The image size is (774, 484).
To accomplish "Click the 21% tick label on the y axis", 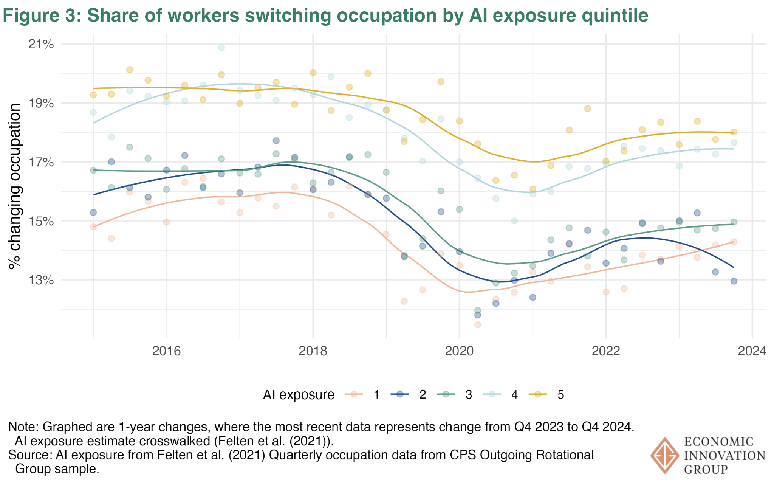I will pyautogui.click(x=41, y=45).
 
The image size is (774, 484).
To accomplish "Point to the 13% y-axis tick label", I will pyautogui.click(x=41, y=280).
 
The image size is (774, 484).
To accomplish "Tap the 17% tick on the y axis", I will pyautogui.click(x=41, y=163).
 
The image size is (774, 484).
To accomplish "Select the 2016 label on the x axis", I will pyautogui.click(x=166, y=351).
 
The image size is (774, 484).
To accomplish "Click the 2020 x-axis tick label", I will pyautogui.click(x=459, y=351).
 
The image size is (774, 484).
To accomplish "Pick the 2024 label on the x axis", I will pyautogui.click(x=752, y=351).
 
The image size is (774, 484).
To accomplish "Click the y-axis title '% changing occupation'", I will pyautogui.click(x=15, y=186).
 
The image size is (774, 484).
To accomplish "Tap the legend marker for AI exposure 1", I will pyautogui.click(x=354, y=395).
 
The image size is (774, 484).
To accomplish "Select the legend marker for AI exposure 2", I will pyautogui.click(x=400, y=395).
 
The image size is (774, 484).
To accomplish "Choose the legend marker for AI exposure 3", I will pyautogui.click(x=446, y=395).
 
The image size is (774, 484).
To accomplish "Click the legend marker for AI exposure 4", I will pyautogui.click(x=492, y=395).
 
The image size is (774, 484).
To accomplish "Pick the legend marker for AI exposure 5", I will pyautogui.click(x=538, y=395).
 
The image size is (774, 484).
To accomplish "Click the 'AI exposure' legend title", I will pyautogui.click(x=299, y=395).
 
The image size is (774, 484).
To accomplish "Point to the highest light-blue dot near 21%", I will pyautogui.click(x=221, y=48).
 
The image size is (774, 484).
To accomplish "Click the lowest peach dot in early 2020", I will pyautogui.click(x=477, y=324).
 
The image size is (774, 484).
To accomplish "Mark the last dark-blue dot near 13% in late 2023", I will pyautogui.click(x=734, y=281).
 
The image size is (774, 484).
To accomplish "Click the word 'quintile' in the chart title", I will pyautogui.click(x=615, y=16).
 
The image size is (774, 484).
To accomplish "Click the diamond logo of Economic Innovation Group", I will pyautogui.click(x=664, y=455).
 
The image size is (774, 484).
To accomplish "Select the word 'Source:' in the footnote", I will pyautogui.click(x=30, y=455).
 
